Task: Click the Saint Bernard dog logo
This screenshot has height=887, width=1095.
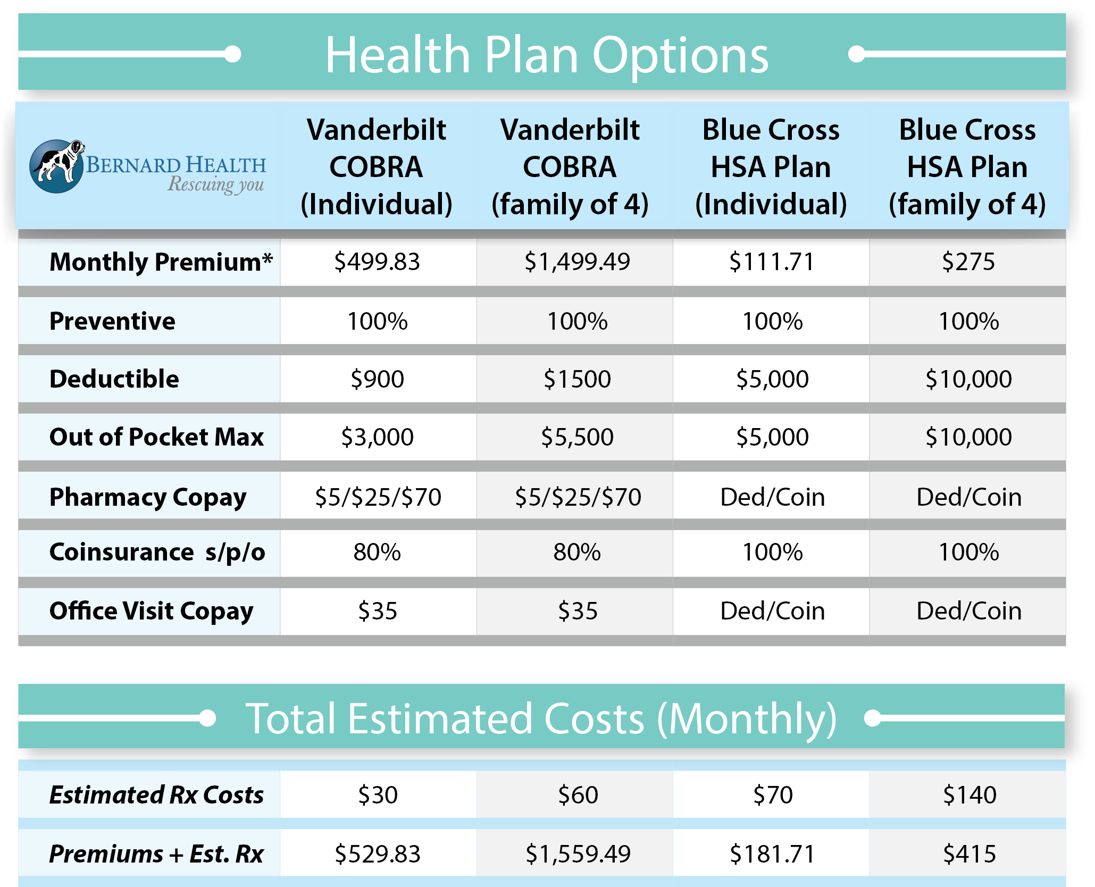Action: (57, 166)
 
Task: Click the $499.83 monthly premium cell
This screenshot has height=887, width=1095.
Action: (377, 262)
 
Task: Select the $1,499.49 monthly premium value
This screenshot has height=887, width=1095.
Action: (577, 262)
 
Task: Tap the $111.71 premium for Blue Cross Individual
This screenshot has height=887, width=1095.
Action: (772, 262)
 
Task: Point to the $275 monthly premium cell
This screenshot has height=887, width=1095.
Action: (968, 262)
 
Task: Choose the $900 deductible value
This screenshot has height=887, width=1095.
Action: (377, 379)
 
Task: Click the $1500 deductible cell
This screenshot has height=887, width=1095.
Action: (577, 379)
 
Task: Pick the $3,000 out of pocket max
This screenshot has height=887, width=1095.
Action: (377, 437)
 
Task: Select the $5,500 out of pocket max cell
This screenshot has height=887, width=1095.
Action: (577, 437)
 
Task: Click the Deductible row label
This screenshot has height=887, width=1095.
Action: (114, 379)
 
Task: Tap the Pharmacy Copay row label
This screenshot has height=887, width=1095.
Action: (148, 497)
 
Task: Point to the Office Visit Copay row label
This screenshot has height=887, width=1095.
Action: (152, 611)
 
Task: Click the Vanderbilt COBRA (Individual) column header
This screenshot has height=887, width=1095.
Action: (377, 167)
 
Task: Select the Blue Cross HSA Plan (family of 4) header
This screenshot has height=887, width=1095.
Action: (967, 167)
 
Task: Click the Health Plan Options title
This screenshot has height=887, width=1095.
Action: (547, 55)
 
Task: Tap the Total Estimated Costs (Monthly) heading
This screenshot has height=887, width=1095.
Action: (541, 718)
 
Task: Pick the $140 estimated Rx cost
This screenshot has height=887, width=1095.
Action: (969, 795)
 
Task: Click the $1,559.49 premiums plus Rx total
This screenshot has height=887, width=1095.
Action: (578, 854)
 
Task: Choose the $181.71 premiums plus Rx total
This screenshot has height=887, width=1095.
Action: (772, 854)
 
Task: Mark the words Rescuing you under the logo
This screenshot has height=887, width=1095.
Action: (216, 185)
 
